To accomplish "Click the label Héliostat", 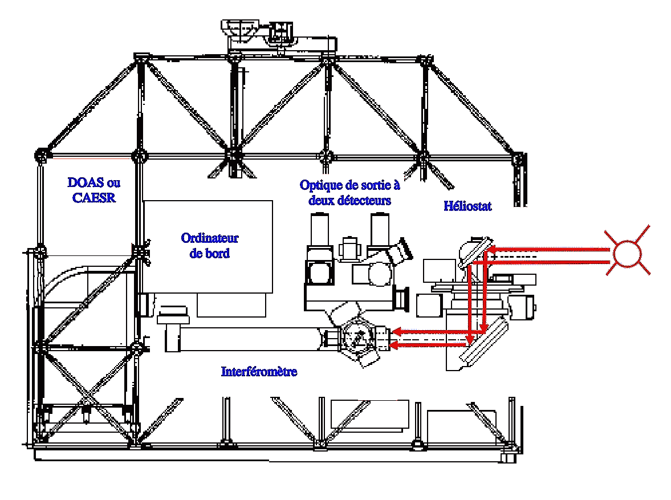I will (467, 206).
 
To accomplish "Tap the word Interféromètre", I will (259, 372).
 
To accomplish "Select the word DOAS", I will (85, 183).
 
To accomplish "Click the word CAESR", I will (94, 197).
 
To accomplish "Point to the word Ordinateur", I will (209, 238).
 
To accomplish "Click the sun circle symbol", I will (627, 254).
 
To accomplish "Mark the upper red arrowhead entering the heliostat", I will (494, 249).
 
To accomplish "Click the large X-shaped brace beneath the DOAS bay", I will (88, 393).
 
